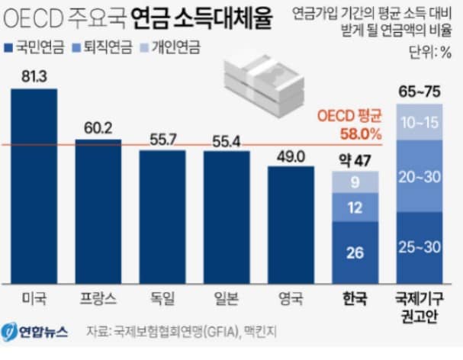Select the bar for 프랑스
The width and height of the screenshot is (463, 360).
98,211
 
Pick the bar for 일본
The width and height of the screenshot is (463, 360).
226,217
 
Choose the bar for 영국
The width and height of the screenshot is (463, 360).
291,224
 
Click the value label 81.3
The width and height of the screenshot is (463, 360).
34,77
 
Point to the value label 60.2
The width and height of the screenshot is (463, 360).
98,127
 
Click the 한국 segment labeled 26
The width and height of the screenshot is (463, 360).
355,252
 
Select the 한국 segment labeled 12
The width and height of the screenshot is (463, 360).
355,207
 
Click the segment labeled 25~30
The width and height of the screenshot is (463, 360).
419,247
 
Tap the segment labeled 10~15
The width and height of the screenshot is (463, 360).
419,122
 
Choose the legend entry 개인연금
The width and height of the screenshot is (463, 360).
169,47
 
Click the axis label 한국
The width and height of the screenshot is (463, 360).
355,296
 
